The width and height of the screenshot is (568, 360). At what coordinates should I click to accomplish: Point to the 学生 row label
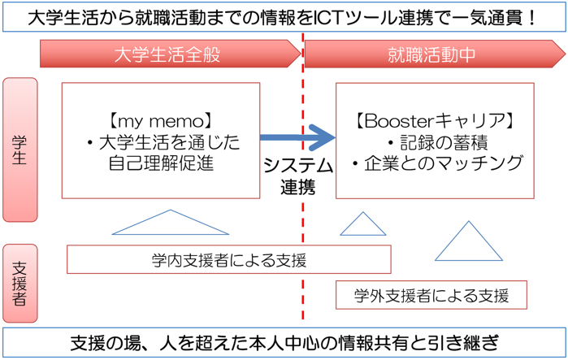click(20, 150)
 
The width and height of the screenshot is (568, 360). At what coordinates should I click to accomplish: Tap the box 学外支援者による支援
click(431, 295)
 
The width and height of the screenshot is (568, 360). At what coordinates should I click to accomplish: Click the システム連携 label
click(298, 176)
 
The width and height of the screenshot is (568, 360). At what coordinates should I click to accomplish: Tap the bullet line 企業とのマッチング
click(437, 163)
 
